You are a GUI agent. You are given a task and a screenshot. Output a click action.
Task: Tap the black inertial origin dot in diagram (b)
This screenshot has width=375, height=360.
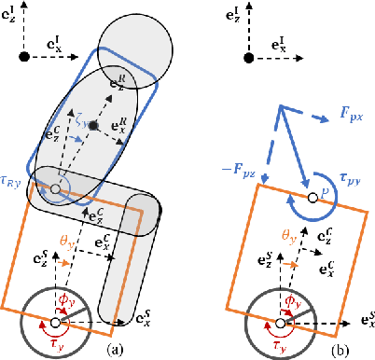tap(248, 59)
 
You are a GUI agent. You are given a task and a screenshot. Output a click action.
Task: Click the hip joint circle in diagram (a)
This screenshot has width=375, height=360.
tap(55, 190)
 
